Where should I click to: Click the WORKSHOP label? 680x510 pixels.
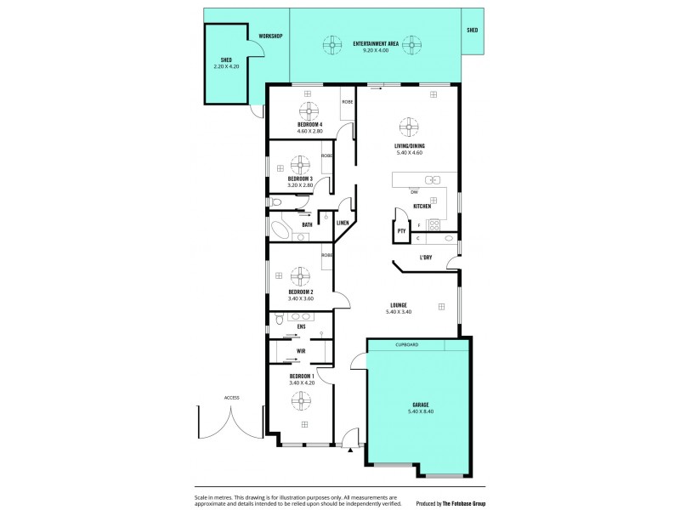coord(270,36)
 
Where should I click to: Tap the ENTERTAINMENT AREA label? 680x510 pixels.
coord(376,42)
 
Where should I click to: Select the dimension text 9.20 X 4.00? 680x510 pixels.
coord(376,50)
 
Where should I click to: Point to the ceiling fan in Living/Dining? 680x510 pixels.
coord(409,128)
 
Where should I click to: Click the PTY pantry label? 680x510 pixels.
coord(401,230)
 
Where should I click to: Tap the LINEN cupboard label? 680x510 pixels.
coord(343,224)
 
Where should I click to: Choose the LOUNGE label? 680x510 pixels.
coord(399,305)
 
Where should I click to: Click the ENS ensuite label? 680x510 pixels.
coord(301,326)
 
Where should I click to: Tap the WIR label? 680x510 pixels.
coord(301,350)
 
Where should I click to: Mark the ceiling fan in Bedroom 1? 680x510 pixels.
coord(302,399)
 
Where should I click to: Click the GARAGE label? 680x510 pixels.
coord(421,404)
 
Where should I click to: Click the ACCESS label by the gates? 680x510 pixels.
coord(232,397)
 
